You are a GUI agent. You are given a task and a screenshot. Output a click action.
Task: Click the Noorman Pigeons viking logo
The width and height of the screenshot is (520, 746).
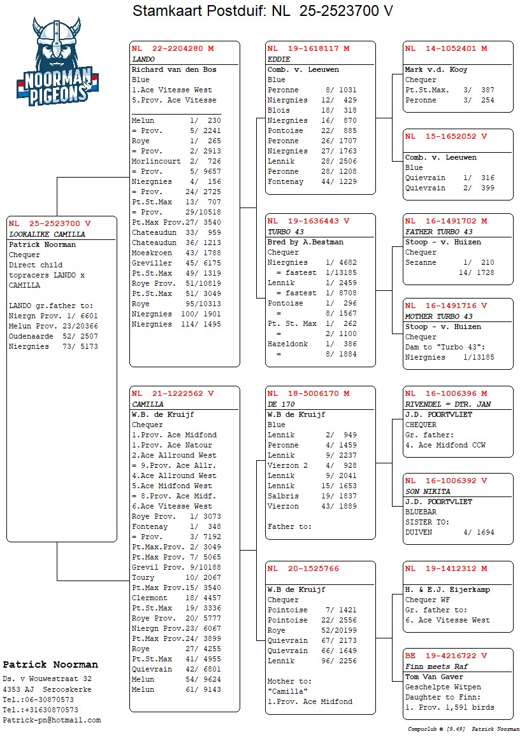(57, 60)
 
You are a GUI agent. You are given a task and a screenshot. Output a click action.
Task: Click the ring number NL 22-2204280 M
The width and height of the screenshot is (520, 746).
(173, 49)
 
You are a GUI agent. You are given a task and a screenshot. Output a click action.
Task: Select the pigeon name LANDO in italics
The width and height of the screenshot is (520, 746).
(143, 59)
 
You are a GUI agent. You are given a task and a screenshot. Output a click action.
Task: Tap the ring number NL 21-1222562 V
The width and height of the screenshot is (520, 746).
(173, 394)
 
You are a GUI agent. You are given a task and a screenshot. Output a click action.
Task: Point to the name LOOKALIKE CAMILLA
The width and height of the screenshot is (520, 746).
(47, 234)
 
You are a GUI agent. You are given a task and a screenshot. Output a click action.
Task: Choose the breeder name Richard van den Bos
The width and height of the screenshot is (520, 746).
(173, 69)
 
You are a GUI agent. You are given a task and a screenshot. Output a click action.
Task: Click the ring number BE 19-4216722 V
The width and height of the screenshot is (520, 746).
(446, 656)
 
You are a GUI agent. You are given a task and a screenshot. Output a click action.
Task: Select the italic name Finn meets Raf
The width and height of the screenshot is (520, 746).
(431, 666)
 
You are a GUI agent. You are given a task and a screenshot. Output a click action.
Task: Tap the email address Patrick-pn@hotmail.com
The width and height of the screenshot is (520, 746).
(52, 720)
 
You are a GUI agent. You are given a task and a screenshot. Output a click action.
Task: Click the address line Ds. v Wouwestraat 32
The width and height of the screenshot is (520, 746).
(47, 679)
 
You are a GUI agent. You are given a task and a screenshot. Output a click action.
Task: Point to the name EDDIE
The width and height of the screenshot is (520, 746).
(278, 59)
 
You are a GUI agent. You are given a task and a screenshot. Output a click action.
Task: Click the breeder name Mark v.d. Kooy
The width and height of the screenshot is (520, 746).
(436, 69)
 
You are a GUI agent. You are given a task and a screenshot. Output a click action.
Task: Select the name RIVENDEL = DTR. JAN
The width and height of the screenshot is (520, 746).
(448, 404)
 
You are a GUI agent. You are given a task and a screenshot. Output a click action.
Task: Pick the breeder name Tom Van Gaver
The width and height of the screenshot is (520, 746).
(434, 677)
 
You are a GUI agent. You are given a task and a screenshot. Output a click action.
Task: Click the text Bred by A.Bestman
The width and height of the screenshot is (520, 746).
(305, 242)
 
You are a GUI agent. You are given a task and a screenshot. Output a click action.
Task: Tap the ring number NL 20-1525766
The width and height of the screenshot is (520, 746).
(303, 569)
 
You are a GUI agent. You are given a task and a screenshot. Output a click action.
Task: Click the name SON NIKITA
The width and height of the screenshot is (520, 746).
(428, 491)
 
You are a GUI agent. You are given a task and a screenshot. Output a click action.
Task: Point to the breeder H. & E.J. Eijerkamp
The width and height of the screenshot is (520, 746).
(447, 589)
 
